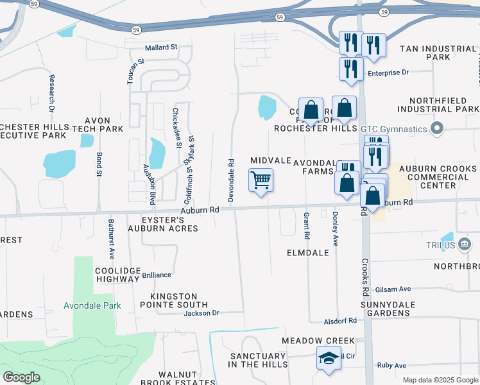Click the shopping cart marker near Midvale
click(x=261, y=180)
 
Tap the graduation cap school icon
click(x=329, y=359)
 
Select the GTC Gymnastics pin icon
click(x=438, y=128)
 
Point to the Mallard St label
click(x=160, y=47)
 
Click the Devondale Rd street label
click(x=230, y=180)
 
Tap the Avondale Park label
click(x=92, y=305)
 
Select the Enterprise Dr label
click(x=388, y=73)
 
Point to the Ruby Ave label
click(x=391, y=366)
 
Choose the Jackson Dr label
click(x=201, y=313)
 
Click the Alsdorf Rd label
click(x=340, y=320)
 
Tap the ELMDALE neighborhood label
click(x=308, y=253)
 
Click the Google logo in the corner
click(x=22, y=377)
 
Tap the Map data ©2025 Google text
click(x=440, y=380)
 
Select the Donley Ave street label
click(x=335, y=229)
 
